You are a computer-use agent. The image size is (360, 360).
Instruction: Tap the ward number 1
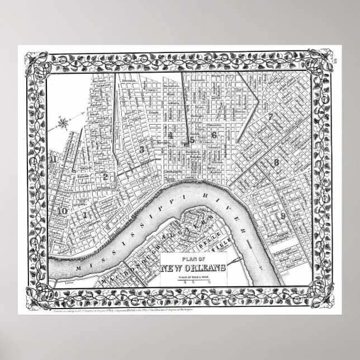click(85, 214)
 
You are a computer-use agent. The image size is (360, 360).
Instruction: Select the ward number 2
click(105, 176)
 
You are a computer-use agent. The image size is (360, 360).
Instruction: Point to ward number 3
click(142, 149)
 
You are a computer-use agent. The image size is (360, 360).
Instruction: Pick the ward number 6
click(213, 135)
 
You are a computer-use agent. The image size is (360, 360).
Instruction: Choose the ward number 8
click(291, 163)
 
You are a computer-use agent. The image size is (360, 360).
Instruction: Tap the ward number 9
click(283, 216)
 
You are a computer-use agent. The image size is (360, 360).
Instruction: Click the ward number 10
click(61, 211)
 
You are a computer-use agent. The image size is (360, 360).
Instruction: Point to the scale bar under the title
click(193, 282)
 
